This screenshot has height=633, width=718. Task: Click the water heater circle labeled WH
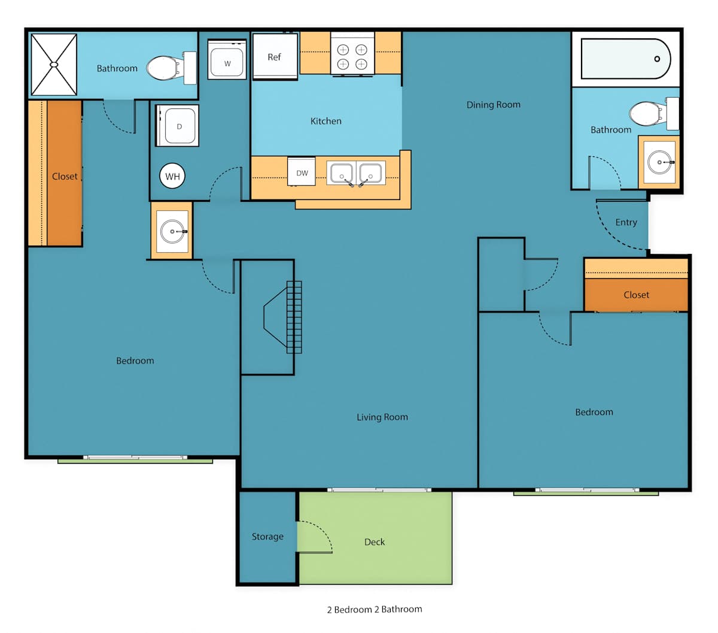[172, 176]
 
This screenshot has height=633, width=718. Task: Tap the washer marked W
[227, 59]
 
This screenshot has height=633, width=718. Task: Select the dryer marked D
[177, 125]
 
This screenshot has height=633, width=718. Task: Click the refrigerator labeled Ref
[275, 56]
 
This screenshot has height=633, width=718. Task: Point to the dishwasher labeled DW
[302, 172]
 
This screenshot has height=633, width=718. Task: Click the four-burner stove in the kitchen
[352, 54]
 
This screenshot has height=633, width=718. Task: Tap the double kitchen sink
[356, 173]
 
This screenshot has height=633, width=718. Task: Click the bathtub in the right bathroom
[626, 59]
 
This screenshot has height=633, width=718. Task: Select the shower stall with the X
[54, 65]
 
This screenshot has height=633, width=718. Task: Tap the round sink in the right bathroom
[659, 162]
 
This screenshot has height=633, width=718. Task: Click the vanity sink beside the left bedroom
[172, 231]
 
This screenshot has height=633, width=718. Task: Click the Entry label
[626, 222]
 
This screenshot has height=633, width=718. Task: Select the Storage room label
[267, 537]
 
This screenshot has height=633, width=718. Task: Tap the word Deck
[375, 542]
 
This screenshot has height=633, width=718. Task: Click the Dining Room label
[493, 105]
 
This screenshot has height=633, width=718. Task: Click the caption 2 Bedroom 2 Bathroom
[375, 609]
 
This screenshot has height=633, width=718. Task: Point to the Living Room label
[382, 417]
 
